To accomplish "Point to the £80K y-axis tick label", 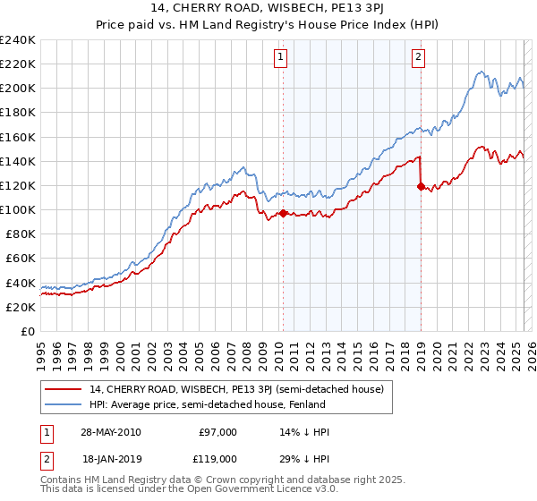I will pos(21,234).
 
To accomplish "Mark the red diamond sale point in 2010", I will pos(283,213).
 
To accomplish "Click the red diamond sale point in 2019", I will pos(421,186).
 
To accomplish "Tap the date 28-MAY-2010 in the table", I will pos(111,432).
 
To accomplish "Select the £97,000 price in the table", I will pos(217,432).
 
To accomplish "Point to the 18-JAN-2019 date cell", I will pos(111,457).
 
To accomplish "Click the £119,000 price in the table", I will pos(217,457).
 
